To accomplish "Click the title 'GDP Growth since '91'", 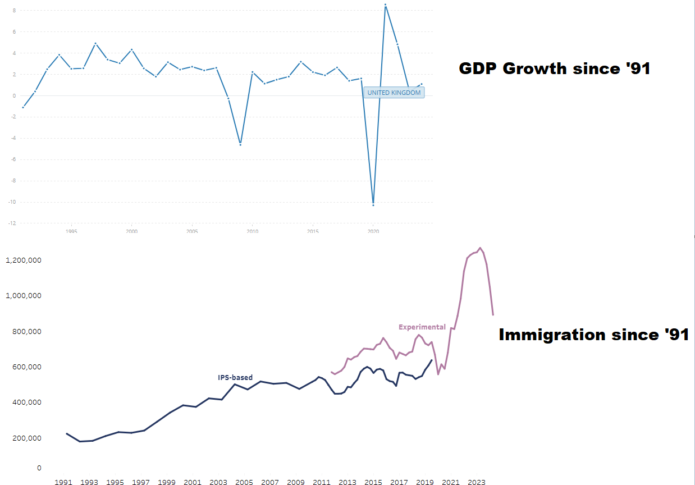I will [554, 69].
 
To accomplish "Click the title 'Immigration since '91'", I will [593, 335].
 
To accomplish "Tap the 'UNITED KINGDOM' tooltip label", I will [394, 93].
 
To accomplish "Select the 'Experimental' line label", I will [422, 327].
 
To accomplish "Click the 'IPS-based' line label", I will [235, 378].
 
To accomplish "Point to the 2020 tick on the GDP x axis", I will [373, 231].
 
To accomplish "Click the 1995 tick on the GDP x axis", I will [71, 231].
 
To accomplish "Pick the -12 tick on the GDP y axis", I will [12, 223].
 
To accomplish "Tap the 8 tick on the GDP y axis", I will [14, 11].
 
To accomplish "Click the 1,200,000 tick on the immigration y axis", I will [23, 260].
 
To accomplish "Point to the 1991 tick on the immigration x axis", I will [63, 482].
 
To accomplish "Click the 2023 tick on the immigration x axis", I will [477, 482].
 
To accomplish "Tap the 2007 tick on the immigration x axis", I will [270, 482].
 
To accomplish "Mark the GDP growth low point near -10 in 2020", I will [373, 205].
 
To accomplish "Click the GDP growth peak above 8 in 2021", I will [385, 5].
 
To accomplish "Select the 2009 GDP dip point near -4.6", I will [240, 145].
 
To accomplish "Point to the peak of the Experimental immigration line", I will [479, 248].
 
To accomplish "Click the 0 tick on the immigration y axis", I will [39, 468].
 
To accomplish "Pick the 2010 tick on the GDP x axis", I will [253, 231].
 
